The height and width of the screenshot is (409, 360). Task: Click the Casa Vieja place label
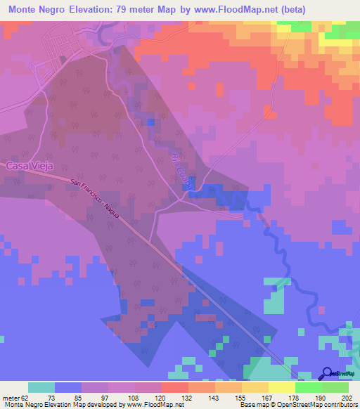pos(30,166)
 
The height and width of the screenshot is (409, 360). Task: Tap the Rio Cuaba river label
pos(181,169)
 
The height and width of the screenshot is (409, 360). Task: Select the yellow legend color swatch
pos(282,387)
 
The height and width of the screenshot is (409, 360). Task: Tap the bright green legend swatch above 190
pos(309,387)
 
